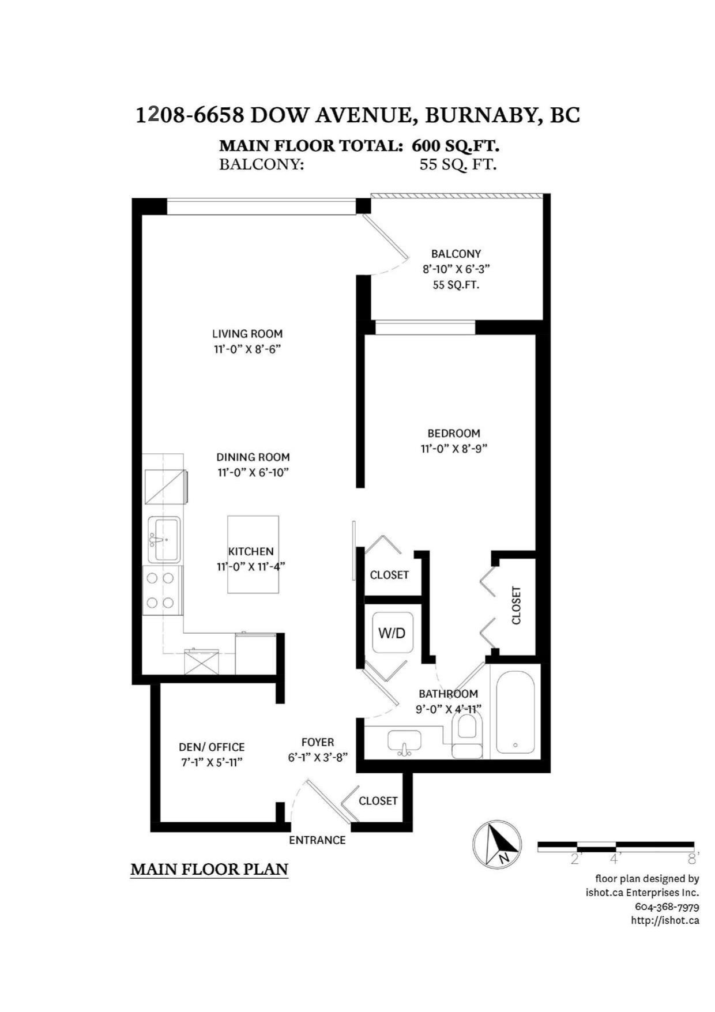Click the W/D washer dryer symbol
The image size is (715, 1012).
pos(392,633)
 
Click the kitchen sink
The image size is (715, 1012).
pos(164,539)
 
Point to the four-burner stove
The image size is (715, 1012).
pos(160,590)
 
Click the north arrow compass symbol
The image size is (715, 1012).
pos(497,844)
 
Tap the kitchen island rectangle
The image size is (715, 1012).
pos(253,554)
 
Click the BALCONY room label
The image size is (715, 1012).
pos(456,254)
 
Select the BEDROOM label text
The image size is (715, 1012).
pos(454,433)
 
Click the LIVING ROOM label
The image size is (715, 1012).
pos(247,333)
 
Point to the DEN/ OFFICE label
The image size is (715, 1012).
pos(212,747)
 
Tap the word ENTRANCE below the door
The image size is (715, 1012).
pos(317,840)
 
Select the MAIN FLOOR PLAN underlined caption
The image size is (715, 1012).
pos(209,869)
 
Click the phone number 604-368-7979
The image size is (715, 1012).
pos(667,906)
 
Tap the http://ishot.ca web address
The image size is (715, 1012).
pos(665,920)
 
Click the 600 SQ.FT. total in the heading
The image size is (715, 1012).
pos(456,145)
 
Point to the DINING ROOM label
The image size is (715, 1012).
pos(253,457)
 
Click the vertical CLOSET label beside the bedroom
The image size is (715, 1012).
pos(516,605)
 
